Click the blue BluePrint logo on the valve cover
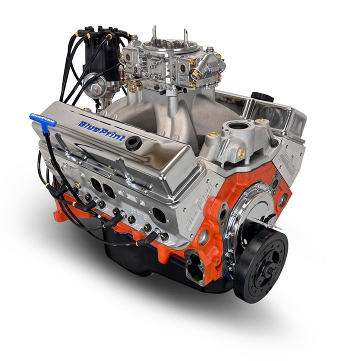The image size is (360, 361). (101, 130)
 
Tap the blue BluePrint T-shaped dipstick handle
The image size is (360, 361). (42, 119)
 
